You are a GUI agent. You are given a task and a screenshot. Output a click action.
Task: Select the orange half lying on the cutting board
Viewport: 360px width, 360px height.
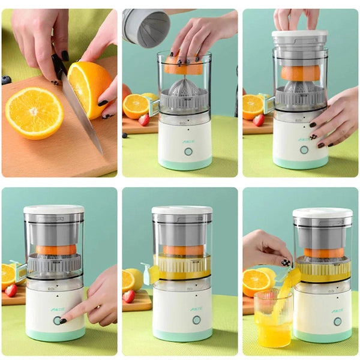pos(34,113)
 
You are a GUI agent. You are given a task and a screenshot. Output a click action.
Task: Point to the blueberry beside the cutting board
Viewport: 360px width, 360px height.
pos(6,80)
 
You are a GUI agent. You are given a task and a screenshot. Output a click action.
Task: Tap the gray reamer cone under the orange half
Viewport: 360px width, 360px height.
pos(184,88)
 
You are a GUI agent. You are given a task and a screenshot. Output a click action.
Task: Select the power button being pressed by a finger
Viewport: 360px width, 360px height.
pos(58,320)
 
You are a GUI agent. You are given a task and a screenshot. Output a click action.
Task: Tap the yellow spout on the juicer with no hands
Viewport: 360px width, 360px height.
pos(149,274)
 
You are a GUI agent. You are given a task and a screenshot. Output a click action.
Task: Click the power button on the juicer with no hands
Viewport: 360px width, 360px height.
pos(196,320)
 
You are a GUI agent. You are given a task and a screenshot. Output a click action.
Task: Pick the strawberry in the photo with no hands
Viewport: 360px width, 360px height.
pos(129,296)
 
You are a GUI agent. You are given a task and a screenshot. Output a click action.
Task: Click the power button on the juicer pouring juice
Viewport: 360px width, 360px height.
pos(337,321)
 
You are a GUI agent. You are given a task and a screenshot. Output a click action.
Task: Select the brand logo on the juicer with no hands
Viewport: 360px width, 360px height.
pos(196,309)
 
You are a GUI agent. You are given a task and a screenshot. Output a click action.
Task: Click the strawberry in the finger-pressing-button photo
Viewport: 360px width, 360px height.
pos(11,290)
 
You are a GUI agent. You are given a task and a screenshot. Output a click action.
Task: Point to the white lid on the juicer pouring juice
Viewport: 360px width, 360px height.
pos(322,213)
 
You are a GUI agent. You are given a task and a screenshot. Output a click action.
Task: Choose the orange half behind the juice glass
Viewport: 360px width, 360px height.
pos(256,281)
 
